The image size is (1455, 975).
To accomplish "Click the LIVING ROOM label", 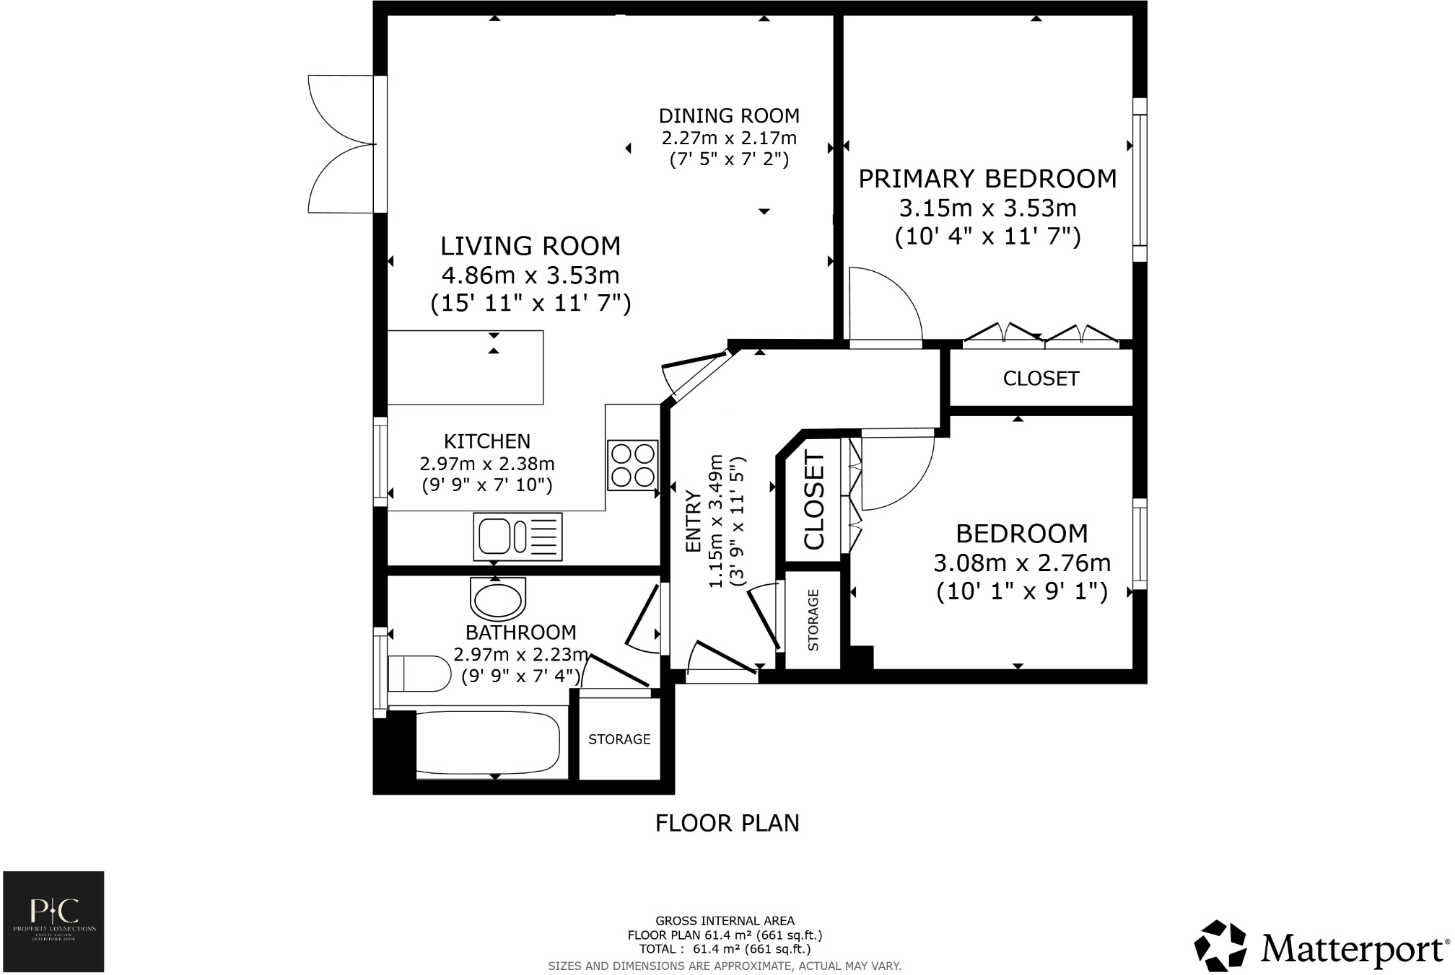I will (x=530, y=247).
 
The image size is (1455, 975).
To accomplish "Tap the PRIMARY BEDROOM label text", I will (x=987, y=179).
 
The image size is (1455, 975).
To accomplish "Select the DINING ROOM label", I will (x=729, y=116).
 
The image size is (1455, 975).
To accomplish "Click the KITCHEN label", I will (x=486, y=441).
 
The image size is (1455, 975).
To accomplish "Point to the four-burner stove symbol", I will (x=632, y=465).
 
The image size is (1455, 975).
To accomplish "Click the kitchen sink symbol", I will (x=517, y=537).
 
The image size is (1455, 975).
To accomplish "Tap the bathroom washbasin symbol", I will (x=497, y=599).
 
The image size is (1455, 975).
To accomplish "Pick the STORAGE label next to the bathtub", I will (x=619, y=739).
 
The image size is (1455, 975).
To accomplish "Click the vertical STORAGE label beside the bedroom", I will (x=813, y=620).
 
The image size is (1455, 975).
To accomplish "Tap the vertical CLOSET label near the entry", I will (x=814, y=500).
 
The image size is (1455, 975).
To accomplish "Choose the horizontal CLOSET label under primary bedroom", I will (x=1041, y=379).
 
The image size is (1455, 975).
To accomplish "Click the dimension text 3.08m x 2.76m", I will (x=1022, y=563).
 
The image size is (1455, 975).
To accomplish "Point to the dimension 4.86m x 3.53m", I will (x=530, y=275).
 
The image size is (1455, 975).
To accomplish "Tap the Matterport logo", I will (x=1320, y=948).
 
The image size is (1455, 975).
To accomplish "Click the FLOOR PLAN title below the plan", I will (x=727, y=823).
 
